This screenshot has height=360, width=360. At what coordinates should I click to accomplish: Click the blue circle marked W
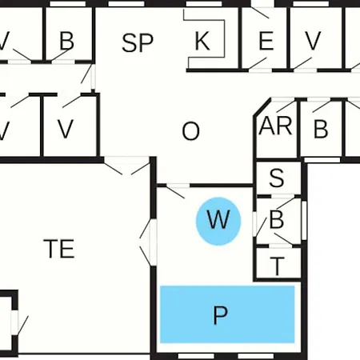coord(218,221)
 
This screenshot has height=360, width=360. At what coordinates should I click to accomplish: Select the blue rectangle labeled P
coord(227,314)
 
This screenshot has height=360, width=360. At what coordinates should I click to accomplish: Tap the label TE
coord(59,249)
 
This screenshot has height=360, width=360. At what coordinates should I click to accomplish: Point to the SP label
coord(138,42)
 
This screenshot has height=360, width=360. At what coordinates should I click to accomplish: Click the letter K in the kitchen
coord(202,41)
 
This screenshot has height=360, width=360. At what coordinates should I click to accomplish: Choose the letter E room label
coord(266,41)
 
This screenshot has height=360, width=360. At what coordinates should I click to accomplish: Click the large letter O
coord(190,131)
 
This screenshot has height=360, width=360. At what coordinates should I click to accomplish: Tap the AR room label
coord(276,126)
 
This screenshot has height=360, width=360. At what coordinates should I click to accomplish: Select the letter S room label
coord(277,178)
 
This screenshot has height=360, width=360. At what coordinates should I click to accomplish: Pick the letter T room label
coord(278,266)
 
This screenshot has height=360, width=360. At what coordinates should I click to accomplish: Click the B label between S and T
coord(277,219)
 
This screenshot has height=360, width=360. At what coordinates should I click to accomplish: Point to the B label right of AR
coord(321,129)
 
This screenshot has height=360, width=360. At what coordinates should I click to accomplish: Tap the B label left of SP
coord(66,41)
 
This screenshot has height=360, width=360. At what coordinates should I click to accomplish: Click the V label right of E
coord(313,41)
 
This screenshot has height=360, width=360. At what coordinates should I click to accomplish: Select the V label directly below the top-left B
coord(66,129)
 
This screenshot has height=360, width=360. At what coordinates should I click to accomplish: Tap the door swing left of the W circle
coord(175,191)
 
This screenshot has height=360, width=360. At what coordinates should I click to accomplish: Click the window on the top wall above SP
coord(126,4)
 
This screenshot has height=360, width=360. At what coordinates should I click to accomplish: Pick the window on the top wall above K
coord(204,4)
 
